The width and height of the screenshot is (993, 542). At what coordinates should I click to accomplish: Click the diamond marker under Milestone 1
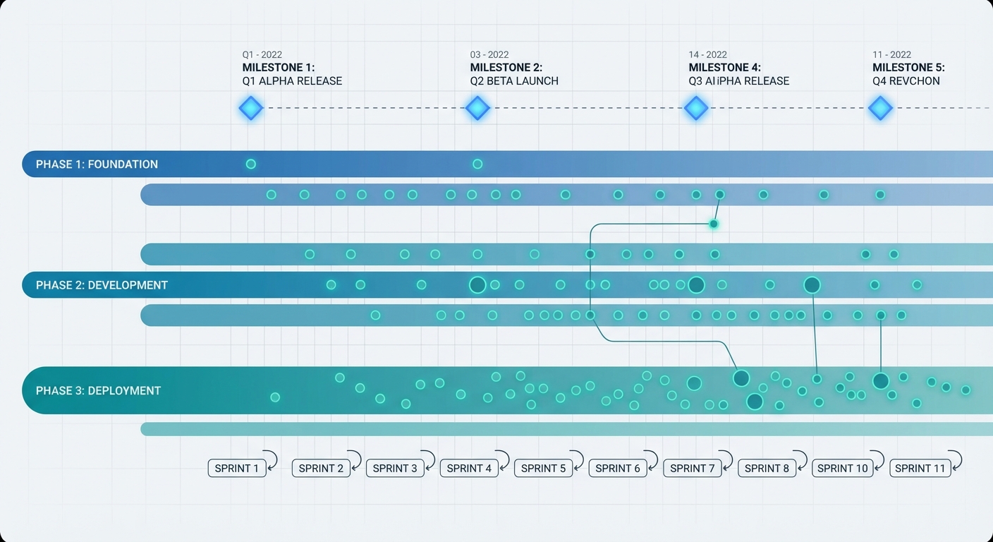tap(250, 109)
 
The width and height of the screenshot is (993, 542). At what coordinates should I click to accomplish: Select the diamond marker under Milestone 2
tap(477, 109)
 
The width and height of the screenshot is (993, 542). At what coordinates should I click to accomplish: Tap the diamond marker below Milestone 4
tap(696, 109)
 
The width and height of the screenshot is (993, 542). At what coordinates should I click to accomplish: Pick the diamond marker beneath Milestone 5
tap(880, 109)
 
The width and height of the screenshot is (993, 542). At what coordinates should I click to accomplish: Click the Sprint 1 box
tap(237, 468)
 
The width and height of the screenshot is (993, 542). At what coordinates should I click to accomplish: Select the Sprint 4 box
tap(469, 468)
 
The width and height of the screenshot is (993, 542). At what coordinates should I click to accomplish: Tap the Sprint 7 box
tap(693, 468)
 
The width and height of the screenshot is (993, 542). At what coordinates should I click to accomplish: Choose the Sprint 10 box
tap(842, 468)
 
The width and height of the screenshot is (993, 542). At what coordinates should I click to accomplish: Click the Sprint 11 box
tap(920, 468)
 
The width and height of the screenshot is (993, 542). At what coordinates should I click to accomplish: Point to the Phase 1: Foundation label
tap(97, 164)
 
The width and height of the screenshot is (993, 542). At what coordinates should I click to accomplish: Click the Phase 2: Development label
tap(102, 285)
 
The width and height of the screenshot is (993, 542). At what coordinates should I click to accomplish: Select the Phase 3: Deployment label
tap(98, 390)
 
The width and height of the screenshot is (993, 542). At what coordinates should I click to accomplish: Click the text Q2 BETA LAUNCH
tap(514, 81)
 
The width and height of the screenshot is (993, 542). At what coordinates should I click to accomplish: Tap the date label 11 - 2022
tap(891, 55)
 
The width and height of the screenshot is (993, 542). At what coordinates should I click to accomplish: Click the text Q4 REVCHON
tap(906, 81)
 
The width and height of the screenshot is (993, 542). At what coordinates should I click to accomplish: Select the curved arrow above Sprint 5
tap(577, 459)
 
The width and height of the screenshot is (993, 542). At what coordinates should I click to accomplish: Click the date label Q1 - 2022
tap(262, 55)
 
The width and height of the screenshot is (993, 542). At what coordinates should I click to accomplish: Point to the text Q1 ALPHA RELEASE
tap(292, 81)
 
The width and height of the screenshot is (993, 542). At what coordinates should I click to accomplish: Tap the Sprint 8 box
tap(767, 468)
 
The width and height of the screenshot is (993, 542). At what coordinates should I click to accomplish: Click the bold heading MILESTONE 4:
tap(724, 68)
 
